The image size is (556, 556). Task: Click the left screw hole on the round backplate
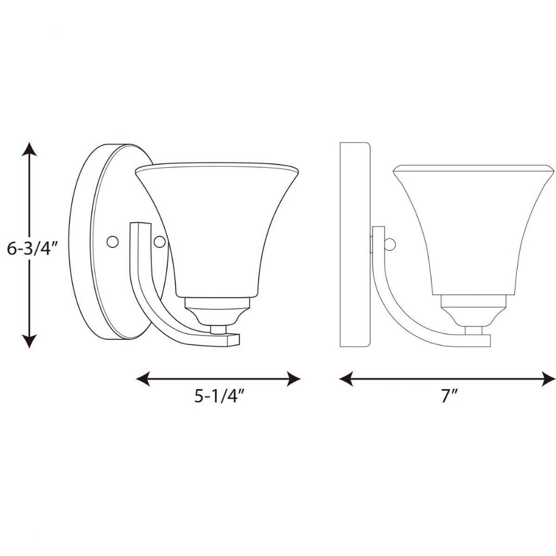coord(113,242)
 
